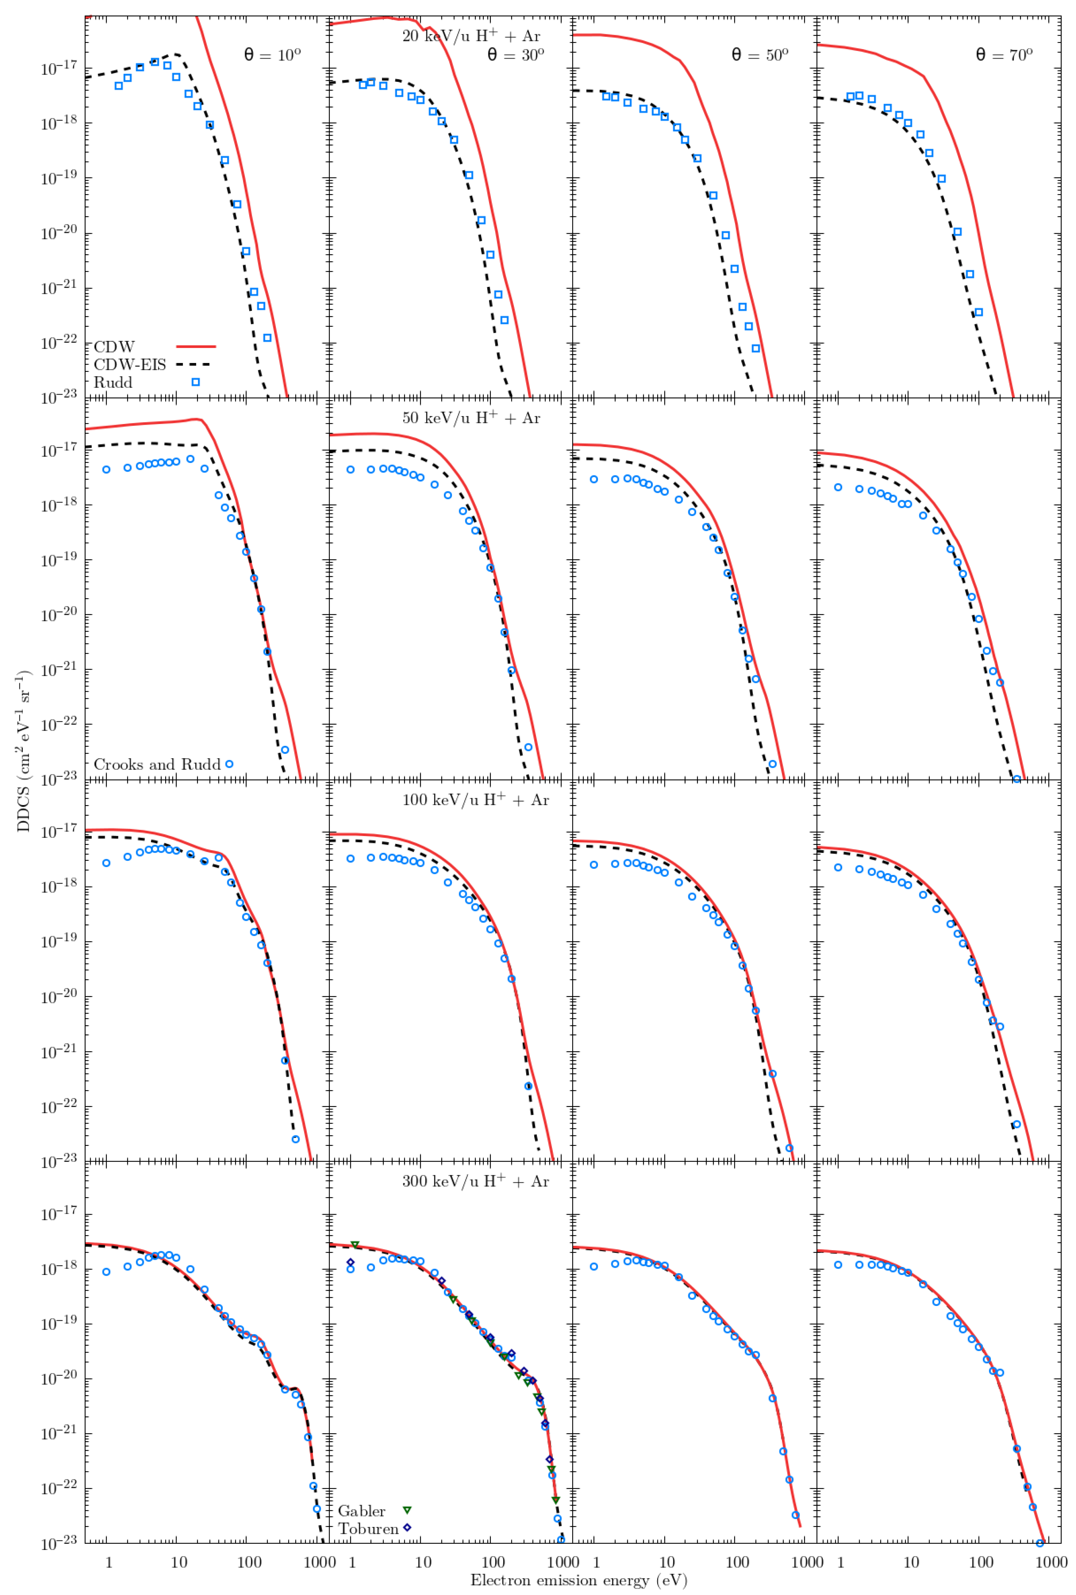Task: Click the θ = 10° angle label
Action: point(273,55)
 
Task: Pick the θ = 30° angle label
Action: point(516,55)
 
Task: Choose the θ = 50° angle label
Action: point(760,55)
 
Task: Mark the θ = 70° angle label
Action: point(1004,55)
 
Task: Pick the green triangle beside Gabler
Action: point(407,1509)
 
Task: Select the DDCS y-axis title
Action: point(24,751)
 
